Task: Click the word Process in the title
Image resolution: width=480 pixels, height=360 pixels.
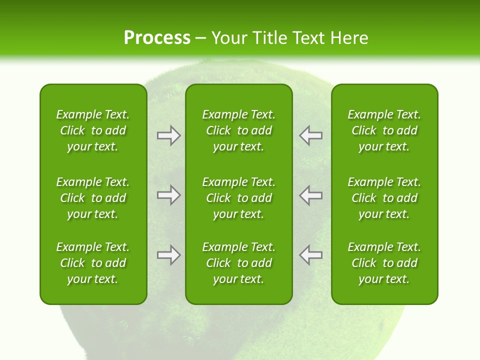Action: (157, 38)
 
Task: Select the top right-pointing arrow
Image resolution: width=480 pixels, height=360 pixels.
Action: (168, 135)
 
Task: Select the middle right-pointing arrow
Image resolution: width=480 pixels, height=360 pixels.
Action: (168, 195)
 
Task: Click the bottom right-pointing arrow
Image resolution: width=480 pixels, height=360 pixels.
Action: (168, 255)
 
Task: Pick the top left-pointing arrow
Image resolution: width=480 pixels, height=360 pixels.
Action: (311, 135)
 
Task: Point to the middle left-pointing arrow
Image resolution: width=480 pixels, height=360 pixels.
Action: (311, 195)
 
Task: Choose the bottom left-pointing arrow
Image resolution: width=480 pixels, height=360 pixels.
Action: (311, 255)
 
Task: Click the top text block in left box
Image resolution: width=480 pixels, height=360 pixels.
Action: (93, 130)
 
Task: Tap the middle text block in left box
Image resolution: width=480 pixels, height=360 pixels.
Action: (93, 198)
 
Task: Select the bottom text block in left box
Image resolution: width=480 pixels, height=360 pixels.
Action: (93, 263)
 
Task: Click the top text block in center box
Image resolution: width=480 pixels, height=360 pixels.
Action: (239, 130)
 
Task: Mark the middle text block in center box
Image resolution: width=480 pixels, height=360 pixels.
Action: (239, 198)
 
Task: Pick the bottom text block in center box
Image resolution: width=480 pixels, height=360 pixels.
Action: (239, 263)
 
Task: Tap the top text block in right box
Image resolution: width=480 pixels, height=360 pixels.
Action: (384, 130)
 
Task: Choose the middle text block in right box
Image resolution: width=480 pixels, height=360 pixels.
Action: (384, 198)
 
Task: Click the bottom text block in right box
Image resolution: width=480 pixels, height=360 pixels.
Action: (384, 263)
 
